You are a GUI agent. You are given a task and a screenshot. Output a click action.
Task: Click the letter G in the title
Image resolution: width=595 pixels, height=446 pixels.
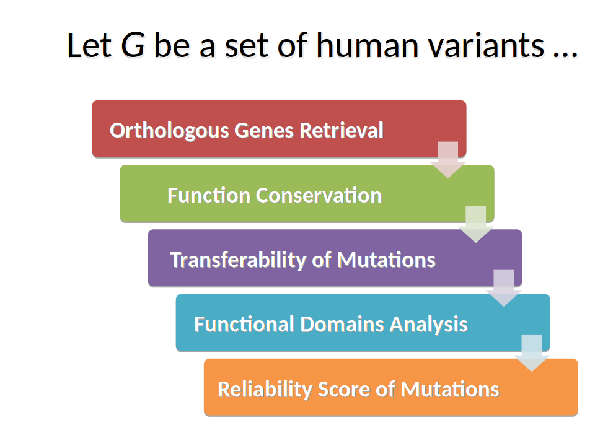[x=133, y=45]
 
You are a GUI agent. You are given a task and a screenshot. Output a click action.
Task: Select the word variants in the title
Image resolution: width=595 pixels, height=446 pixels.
[x=487, y=45]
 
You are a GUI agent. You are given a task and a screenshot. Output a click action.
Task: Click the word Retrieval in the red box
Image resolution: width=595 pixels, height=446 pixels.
[x=341, y=130]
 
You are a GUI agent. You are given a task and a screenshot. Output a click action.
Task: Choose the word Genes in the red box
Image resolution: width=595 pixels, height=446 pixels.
[x=264, y=131]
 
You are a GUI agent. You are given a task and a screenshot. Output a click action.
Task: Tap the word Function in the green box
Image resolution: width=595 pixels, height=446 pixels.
[x=209, y=195]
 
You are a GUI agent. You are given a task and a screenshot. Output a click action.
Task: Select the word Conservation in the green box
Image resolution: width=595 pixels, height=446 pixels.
[x=319, y=195]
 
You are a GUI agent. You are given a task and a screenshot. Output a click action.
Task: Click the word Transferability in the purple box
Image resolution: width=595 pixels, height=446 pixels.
[x=238, y=260]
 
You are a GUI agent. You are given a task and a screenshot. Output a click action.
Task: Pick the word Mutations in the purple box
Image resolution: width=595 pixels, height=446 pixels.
[x=386, y=260]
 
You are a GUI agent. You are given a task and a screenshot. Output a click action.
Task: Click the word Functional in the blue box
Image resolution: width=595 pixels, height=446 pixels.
[x=244, y=324]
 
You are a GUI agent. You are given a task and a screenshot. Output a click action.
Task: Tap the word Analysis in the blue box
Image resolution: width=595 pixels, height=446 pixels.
[x=428, y=325]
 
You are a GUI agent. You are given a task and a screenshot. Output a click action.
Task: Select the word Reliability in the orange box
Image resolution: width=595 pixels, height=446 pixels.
[x=265, y=390]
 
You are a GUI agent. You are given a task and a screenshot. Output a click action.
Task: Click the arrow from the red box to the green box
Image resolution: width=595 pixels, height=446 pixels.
[x=447, y=160]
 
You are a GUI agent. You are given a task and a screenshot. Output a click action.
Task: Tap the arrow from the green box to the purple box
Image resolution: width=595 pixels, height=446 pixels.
[x=476, y=224]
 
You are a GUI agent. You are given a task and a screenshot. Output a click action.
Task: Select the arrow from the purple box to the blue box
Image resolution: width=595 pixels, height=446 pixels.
[x=504, y=288]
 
